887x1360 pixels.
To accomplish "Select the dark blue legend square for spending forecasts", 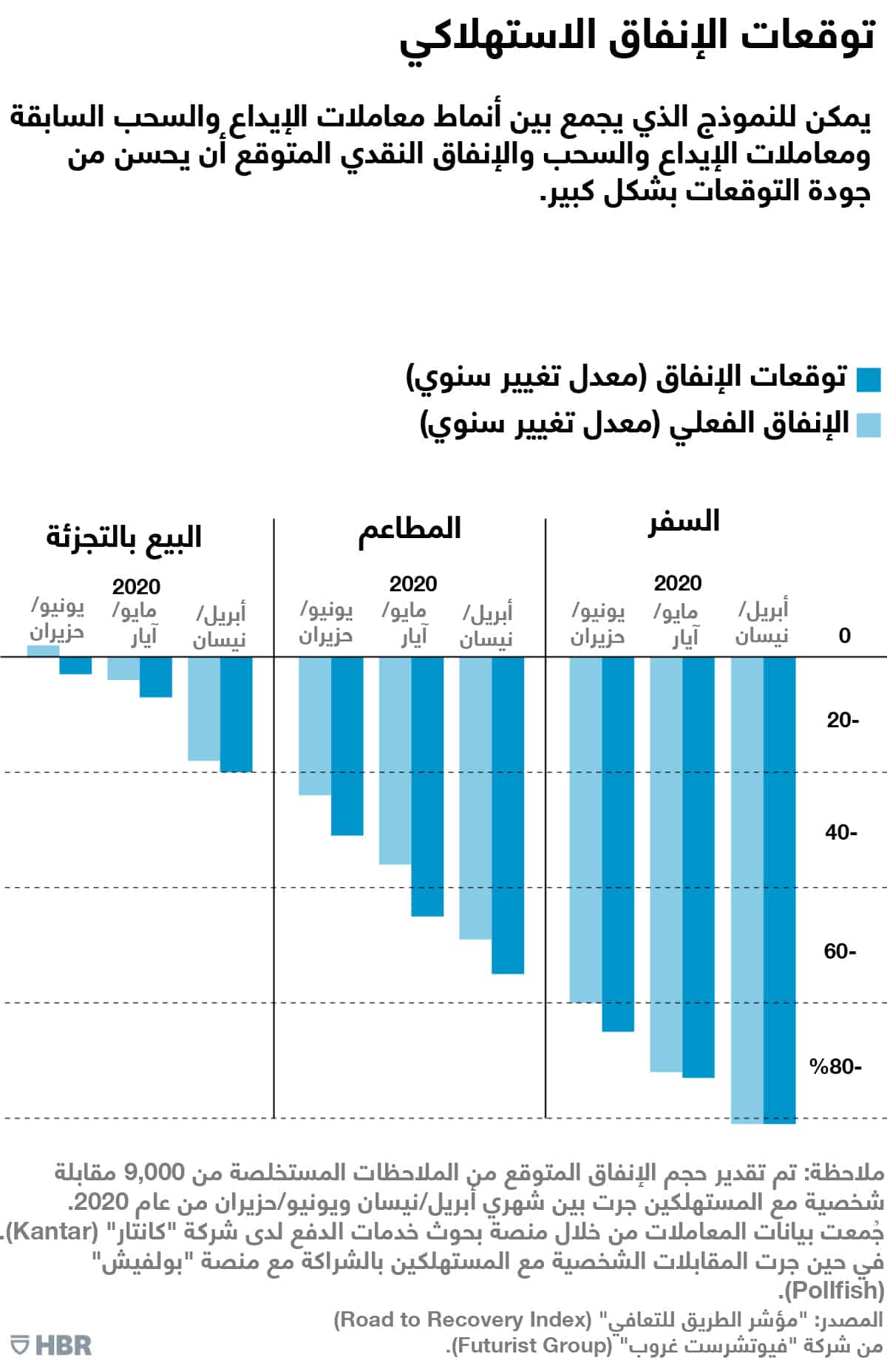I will click(869, 379).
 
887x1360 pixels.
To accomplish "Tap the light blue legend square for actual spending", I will click(869, 425).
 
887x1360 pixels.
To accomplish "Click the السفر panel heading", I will click(684, 522).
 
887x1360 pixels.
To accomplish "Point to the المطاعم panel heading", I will click(409, 529).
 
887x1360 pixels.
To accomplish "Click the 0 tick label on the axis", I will click(844, 636).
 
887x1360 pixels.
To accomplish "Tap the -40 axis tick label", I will click(841, 832).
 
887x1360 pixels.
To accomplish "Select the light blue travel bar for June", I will click(585, 828).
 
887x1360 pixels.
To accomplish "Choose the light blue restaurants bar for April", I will click(475, 798).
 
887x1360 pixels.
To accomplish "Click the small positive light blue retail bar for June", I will click(43, 650).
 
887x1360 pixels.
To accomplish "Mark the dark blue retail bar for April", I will click(236, 714).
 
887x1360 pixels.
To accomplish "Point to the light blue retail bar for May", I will click(123, 668).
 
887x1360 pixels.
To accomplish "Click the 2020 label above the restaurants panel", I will click(413, 584).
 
